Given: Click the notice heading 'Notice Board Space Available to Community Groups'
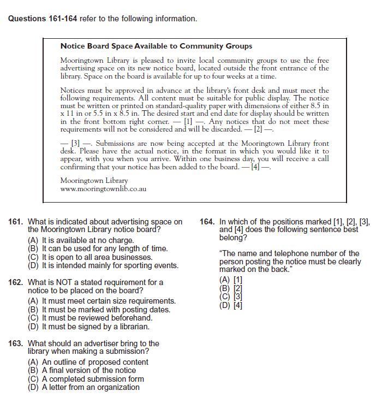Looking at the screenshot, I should [156, 46].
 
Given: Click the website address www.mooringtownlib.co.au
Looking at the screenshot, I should [103, 189].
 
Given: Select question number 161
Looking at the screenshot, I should [16, 222].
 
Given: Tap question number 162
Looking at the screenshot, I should [16, 283].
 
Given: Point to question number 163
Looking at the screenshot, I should [16, 343].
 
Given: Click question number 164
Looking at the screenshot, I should [207, 222].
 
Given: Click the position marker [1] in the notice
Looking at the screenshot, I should [188, 122].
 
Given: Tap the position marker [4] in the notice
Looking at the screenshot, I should [255, 167].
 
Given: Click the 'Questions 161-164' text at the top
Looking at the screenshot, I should [43, 19].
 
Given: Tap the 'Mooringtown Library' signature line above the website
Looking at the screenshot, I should [94, 181].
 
